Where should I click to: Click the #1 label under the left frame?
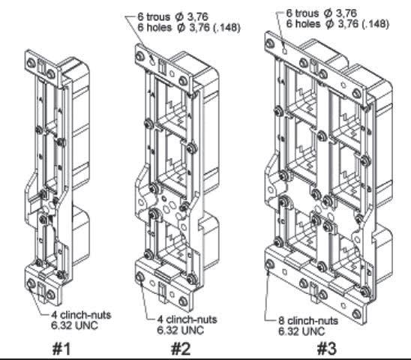(x=61, y=349)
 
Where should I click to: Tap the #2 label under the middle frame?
(x=181, y=349)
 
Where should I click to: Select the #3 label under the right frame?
(x=326, y=349)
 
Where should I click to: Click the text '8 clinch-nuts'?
(x=308, y=321)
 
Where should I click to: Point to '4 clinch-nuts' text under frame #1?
(x=81, y=315)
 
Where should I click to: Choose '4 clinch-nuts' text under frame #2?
(x=187, y=319)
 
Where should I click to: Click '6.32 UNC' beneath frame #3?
(x=301, y=331)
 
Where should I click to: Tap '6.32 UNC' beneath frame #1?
(x=74, y=325)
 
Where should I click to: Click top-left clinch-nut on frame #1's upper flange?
(x=31, y=63)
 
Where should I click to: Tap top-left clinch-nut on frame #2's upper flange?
(x=140, y=56)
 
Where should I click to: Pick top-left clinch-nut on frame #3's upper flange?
(x=270, y=43)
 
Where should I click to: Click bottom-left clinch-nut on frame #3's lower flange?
(x=270, y=264)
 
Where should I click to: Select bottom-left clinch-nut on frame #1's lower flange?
(x=31, y=283)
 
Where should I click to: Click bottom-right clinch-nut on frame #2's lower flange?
(x=183, y=301)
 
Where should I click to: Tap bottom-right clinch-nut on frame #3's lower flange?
(x=357, y=313)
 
